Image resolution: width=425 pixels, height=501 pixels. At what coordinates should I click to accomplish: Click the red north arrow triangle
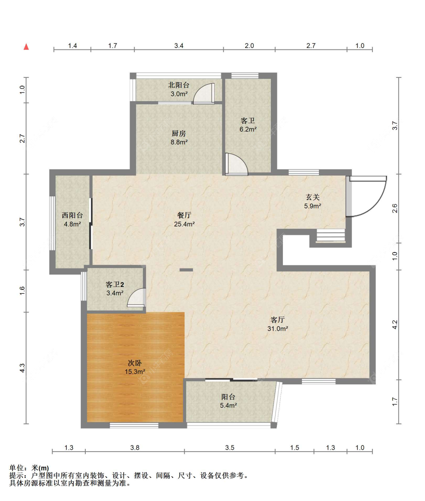coord(26,47)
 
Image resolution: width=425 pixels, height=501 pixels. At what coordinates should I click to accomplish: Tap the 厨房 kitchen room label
coord(179,133)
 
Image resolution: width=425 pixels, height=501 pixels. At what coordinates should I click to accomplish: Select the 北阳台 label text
coord(179,85)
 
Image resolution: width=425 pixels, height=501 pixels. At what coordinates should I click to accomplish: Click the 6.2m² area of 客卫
coord(248,129)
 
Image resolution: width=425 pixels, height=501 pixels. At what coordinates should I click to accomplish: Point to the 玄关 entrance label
coord(313,197)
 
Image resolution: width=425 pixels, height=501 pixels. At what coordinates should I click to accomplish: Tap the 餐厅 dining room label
coord(184,215)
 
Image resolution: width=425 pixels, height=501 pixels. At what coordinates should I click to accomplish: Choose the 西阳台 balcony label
coord(72,215)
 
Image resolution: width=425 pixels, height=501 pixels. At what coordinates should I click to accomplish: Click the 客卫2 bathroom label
coord(115,284)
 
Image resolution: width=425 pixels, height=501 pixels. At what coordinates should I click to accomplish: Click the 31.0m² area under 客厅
coord(278,329)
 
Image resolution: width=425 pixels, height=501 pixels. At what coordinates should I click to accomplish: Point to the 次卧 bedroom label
coord(135,363)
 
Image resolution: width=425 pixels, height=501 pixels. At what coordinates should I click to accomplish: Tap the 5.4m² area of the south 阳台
coord(229,405)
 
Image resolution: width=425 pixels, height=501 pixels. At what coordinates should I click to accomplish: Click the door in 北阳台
coord(204,94)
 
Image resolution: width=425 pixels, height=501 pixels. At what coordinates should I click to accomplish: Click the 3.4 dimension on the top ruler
coord(179,46)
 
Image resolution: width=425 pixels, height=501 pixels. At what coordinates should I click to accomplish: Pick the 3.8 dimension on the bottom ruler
coord(135,447)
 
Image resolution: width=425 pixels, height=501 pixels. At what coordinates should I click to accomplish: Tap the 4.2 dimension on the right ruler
coord(395,325)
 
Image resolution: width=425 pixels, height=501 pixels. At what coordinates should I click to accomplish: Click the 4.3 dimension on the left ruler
coord(22,368)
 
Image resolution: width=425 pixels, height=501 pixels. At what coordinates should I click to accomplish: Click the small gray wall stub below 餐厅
coord(186,270)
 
